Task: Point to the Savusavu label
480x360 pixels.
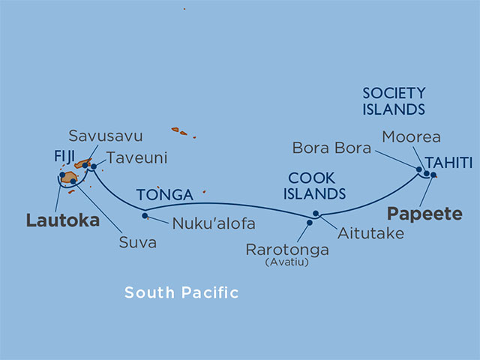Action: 106,136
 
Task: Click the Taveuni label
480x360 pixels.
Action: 136,158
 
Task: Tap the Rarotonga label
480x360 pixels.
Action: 282,249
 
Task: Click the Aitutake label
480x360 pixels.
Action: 370,234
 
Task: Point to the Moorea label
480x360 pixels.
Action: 411,137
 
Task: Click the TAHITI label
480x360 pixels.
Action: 448,163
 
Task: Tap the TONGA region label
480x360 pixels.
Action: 165,195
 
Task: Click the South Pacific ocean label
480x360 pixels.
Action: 181,292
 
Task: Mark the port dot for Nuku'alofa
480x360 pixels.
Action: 145,217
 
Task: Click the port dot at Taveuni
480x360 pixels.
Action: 94,166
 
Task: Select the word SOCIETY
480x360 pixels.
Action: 394,93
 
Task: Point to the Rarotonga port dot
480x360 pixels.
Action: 309,222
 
